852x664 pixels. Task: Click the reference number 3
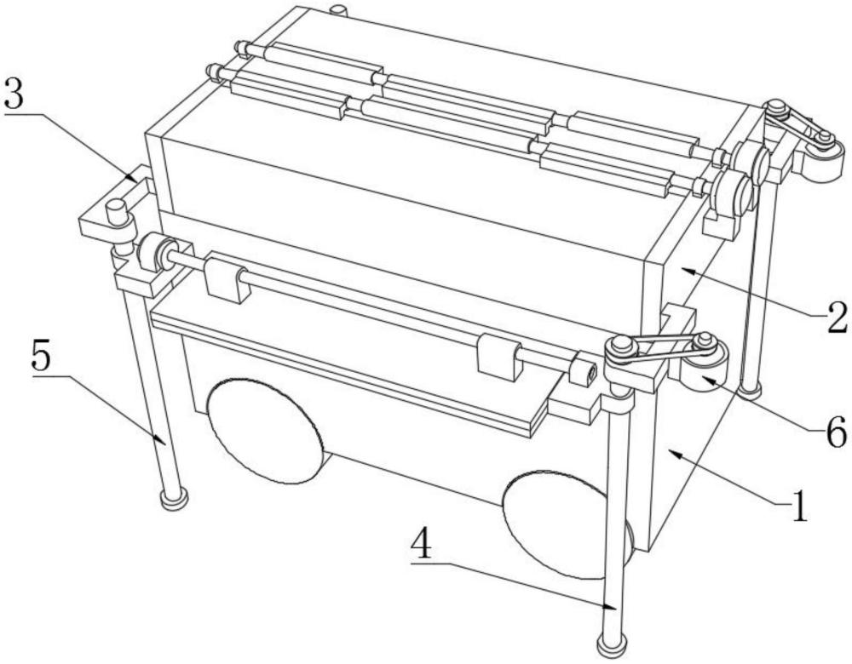pos(14,95)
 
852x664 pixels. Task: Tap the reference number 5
pos(43,356)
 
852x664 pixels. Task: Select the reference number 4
pos(421,545)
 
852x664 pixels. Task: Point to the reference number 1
pos(799,506)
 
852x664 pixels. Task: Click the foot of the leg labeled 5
pos(175,497)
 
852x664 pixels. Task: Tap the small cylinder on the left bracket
pos(116,212)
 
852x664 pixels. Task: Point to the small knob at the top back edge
pos(338,10)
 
